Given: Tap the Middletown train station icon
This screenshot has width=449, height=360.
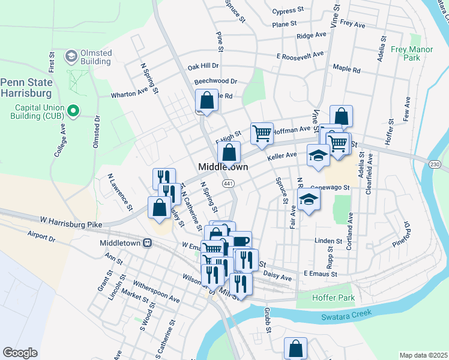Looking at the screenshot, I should click(x=147, y=243).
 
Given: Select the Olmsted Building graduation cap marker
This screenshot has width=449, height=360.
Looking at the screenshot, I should click(x=71, y=56).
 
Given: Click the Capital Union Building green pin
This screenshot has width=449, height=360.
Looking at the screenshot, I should click(x=73, y=110).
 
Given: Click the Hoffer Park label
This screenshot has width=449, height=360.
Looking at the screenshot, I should click(x=333, y=298).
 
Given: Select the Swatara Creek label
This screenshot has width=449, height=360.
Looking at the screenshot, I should click(x=346, y=314).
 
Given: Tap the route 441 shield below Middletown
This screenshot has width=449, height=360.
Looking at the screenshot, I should click(x=228, y=182).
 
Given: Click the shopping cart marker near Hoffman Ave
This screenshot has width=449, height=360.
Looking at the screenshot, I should click(x=262, y=133).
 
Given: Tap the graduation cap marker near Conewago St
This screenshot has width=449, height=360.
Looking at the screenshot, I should click(x=309, y=200).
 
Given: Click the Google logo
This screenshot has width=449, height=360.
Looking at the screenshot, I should click(x=20, y=353).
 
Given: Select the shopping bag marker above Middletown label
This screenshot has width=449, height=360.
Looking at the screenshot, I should click(x=229, y=152).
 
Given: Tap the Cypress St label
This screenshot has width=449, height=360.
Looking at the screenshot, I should click(x=283, y=11).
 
